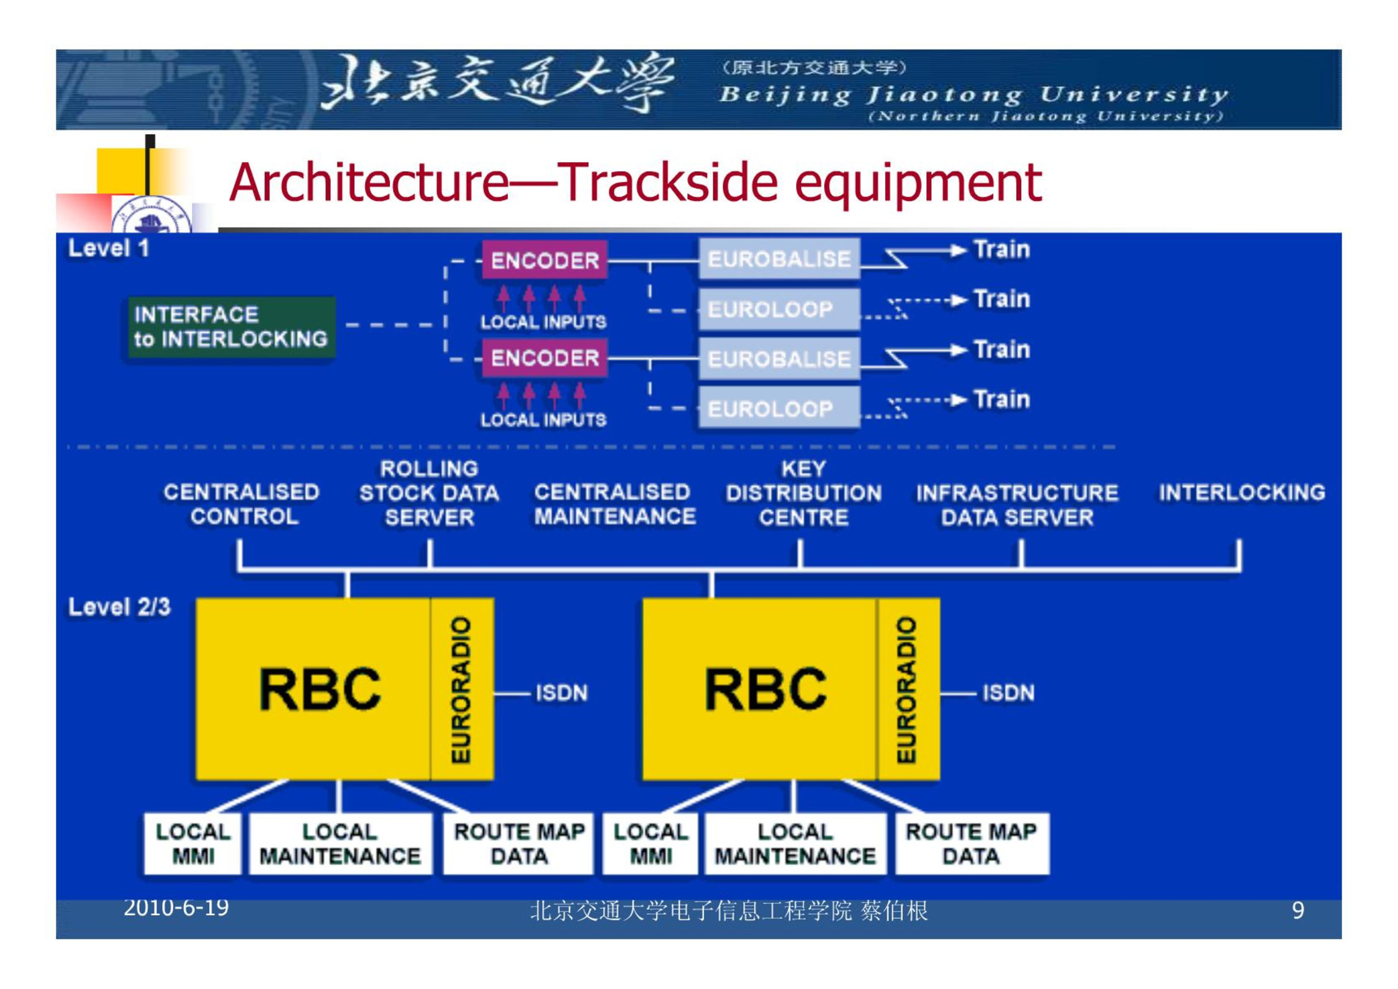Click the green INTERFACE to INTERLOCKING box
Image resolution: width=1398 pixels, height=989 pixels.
click(232, 327)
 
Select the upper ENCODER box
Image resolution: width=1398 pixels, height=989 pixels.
click(544, 260)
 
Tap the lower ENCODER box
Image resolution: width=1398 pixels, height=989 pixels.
click(544, 358)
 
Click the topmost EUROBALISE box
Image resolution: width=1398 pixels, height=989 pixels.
click(779, 258)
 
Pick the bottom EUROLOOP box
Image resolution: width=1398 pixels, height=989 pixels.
click(779, 408)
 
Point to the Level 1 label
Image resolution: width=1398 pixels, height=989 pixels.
click(109, 248)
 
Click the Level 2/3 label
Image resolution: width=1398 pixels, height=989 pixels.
click(119, 607)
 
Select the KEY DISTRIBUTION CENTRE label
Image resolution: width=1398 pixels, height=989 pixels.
click(804, 493)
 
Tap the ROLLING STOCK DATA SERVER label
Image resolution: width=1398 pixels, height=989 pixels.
click(429, 493)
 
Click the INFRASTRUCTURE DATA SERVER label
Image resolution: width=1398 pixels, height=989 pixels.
click(1017, 505)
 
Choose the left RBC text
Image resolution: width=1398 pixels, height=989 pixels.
click(320, 689)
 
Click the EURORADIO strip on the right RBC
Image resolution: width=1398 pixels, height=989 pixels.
click(908, 689)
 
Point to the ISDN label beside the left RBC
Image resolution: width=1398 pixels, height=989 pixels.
click(561, 692)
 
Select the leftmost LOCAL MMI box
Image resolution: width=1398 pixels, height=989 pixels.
click(192, 844)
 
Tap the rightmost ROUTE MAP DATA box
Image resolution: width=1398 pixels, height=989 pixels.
click(972, 844)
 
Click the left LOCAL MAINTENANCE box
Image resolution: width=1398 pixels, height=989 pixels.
click(340, 844)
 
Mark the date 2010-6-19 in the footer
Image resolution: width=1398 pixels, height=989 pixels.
click(176, 908)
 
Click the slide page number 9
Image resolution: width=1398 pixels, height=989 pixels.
click(1297, 910)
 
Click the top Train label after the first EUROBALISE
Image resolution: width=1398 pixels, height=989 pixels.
click(1002, 249)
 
